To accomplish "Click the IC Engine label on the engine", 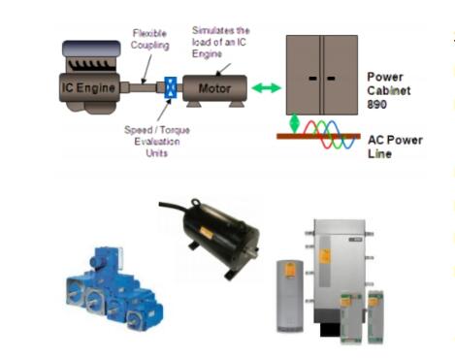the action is tap(88, 87).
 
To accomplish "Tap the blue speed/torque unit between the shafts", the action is tap(171, 87).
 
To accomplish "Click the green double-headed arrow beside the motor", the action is tap(266, 87).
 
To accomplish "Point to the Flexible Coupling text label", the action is tap(149, 39).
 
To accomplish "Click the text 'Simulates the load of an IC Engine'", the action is tap(220, 42).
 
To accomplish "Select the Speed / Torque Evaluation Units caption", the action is tap(157, 142).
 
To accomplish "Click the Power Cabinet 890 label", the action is tap(388, 90).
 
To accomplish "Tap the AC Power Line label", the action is tap(395, 147).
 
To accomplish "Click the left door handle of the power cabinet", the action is tap(313, 79).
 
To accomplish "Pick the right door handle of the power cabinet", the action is tap(331, 79).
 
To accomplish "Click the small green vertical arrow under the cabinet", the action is tap(294, 123).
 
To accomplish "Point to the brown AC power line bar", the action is tap(318, 137).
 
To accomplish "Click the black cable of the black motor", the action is tap(174, 208).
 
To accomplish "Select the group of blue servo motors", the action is tap(114, 289).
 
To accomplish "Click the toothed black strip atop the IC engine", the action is tap(91, 65).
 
